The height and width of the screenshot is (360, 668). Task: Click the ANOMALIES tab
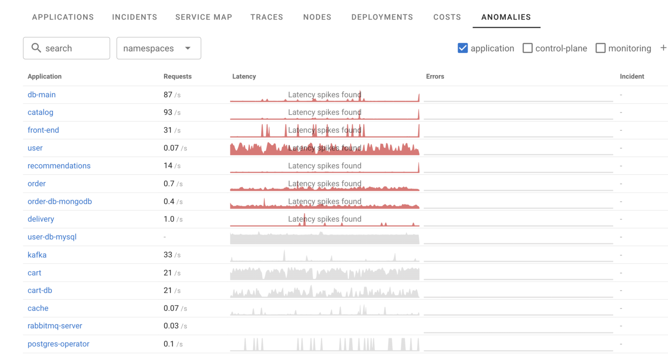(x=506, y=17)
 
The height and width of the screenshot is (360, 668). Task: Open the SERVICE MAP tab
(x=204, y=17)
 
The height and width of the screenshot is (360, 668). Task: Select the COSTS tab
(x=447, y=17)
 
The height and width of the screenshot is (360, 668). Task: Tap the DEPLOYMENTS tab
(x=382, y=17)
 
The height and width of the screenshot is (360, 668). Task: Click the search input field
(x=67, y=48)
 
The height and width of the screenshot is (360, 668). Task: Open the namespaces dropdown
(x=158, y=48)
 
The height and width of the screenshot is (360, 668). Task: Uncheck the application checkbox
(x=463, y=48)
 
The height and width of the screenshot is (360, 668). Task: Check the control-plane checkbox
(x=528, y=48)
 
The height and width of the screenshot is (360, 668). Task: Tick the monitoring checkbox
(x=601, y=48)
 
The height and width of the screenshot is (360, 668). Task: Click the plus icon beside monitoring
(x=663, y=48)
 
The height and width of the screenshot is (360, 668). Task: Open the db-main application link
(x=42, y=95)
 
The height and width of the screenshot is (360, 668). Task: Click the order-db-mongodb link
(x=60, y=202)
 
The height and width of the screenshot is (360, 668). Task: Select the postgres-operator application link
(x=58, y=344)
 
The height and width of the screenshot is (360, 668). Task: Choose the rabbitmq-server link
(x=55, y=326)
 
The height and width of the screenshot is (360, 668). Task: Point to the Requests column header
(x=177, y=77)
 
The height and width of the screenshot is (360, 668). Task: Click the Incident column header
(x=631, y=77)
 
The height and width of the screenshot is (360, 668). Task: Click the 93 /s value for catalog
(x=172, y=112)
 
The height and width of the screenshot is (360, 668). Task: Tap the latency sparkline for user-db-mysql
(x=324, y=238)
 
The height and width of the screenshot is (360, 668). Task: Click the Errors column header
(x=435, y=77)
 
